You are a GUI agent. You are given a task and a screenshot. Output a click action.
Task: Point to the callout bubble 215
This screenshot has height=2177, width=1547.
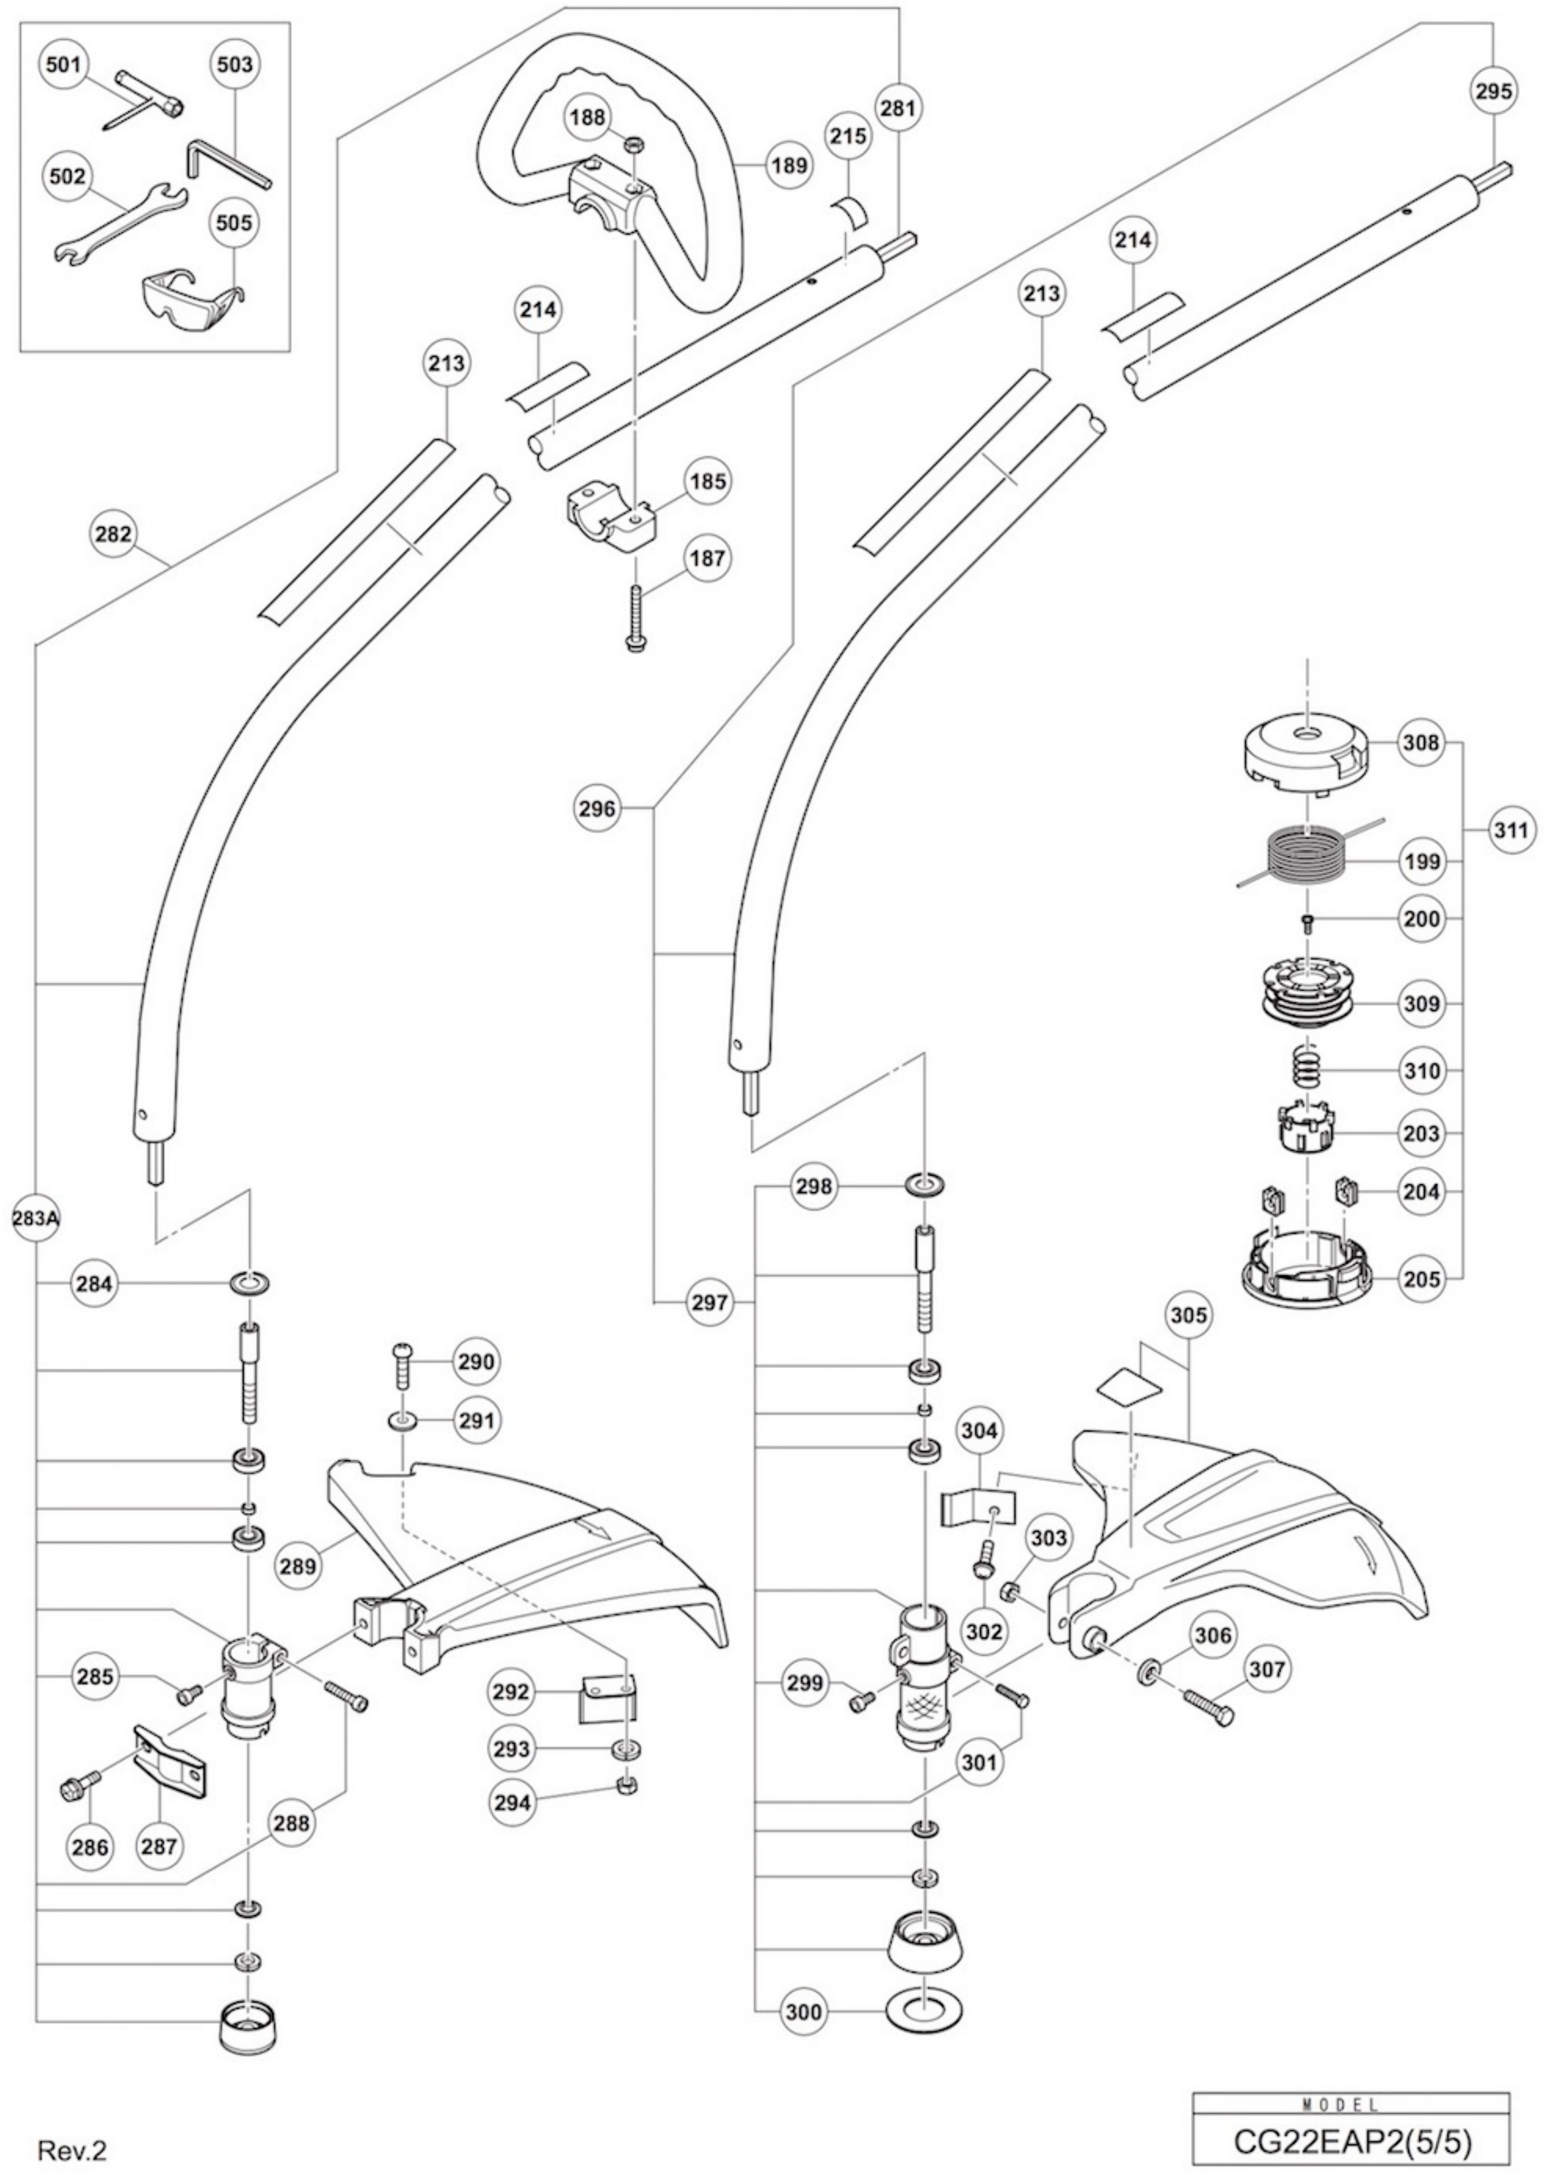click(847, 136)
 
